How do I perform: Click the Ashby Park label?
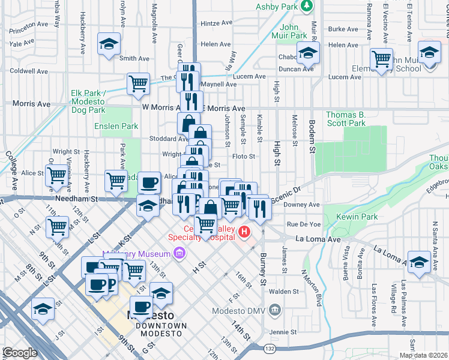[x=277, y=7]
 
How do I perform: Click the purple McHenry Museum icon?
[x=178, y=254]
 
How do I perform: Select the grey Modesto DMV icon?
[x=274, y=310]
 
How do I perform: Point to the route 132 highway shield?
[x=270, y=349]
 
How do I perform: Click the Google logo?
[x=20, y=353]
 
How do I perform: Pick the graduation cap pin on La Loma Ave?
[x=419, y=262]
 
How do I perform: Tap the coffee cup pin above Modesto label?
[x=141, y=307]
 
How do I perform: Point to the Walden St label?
[x=284, y=291]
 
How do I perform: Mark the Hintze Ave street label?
[x=217, y=23]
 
